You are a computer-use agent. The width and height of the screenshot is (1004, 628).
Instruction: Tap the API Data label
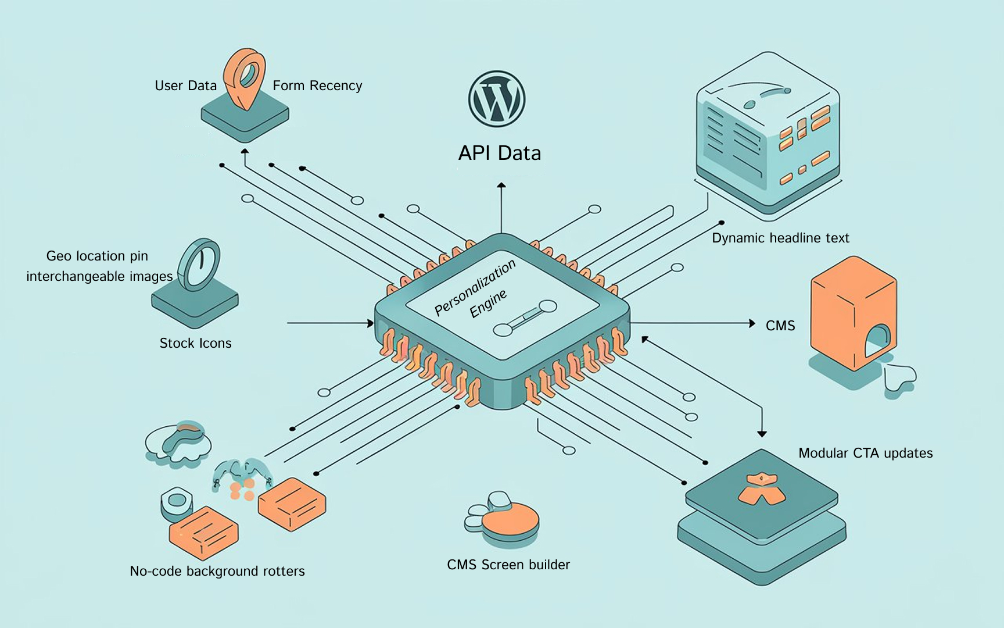point(500,153)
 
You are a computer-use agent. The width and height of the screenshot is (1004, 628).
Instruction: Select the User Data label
point(185,86)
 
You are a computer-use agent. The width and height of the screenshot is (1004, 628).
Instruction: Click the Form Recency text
point(317,86)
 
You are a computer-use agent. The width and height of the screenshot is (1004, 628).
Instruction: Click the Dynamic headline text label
point(780,238)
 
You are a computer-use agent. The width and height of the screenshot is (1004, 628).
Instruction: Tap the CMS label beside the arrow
point(780,326)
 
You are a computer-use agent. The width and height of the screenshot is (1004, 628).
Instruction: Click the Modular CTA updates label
point(865,453)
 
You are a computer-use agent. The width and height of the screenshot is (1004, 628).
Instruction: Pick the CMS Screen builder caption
point(508,565)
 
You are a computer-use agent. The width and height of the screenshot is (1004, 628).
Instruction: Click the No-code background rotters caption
point(217,571)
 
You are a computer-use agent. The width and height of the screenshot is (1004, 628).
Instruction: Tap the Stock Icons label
point(195,343)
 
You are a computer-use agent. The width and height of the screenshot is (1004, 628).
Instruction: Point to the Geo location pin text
point(97,256)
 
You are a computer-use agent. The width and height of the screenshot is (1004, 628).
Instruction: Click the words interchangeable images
point(99,276)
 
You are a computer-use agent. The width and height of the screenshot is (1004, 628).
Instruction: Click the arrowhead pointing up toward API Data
point(501,185)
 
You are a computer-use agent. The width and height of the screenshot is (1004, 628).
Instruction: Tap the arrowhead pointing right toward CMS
point(752,323)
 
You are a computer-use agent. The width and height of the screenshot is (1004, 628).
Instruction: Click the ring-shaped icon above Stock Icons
point(199,265)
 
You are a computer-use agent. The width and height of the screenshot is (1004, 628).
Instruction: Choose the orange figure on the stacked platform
point(761,488)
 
